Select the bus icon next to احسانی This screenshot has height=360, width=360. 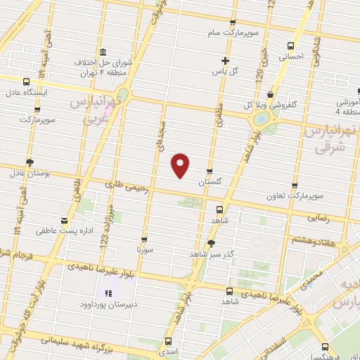[x=290, y=45]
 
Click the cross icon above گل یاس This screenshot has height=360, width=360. [x=224, y=60]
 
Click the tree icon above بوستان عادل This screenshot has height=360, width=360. [x=29, y=162]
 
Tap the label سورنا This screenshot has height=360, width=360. [x=144, y=249]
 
